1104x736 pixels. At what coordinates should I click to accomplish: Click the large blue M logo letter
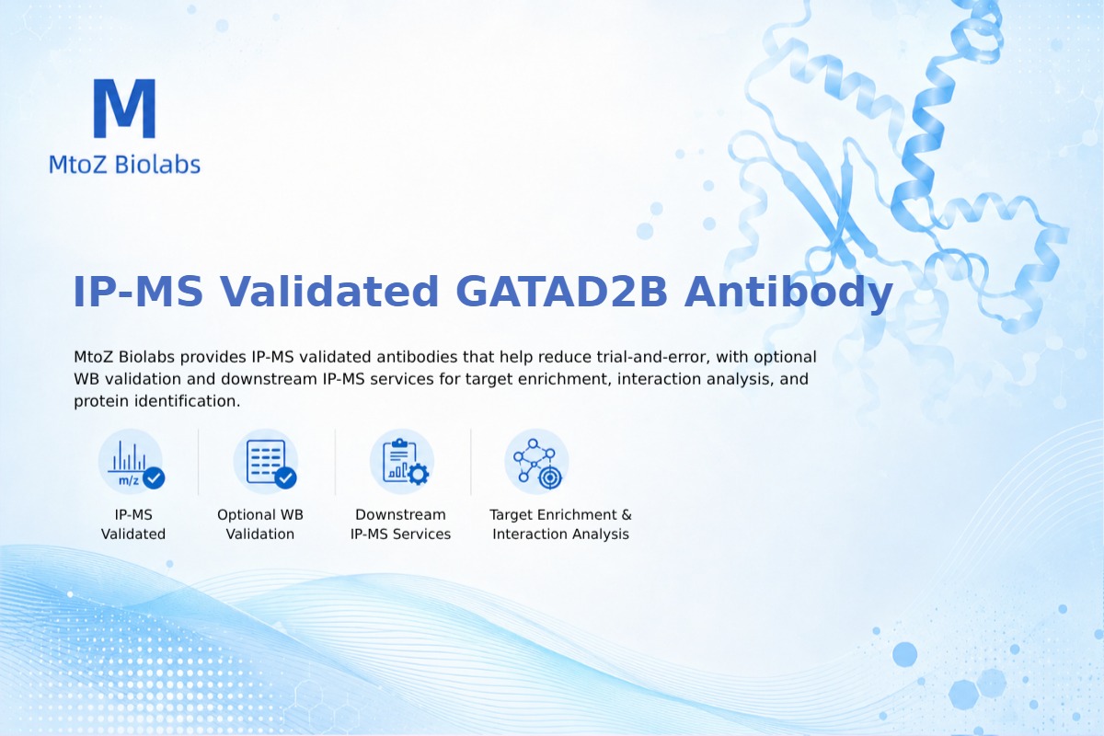(125, 108)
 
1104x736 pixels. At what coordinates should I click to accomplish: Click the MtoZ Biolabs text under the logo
(125, 164)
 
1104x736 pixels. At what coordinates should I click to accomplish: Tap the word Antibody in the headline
(788, 292)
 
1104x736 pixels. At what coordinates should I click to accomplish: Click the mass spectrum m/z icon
(131, 462)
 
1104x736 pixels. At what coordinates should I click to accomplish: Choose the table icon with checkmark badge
(266, 462)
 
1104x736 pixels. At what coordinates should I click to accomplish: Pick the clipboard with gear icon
(402, 462)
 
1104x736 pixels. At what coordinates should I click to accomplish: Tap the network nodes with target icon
(536, 462)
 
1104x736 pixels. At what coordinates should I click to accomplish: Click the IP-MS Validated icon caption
(133, 524)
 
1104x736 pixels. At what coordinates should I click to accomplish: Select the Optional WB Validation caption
(260, 524)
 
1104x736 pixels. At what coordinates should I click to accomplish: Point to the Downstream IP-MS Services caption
(401, 524)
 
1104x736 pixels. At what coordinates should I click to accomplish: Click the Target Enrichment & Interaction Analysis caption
(561, 524)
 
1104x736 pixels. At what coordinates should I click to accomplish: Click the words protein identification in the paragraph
(156, 401)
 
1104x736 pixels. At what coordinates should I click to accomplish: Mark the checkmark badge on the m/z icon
(154, 477)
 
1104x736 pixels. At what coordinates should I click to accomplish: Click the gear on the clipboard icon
(419, 474)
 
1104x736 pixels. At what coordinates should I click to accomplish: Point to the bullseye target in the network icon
(549, 477)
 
